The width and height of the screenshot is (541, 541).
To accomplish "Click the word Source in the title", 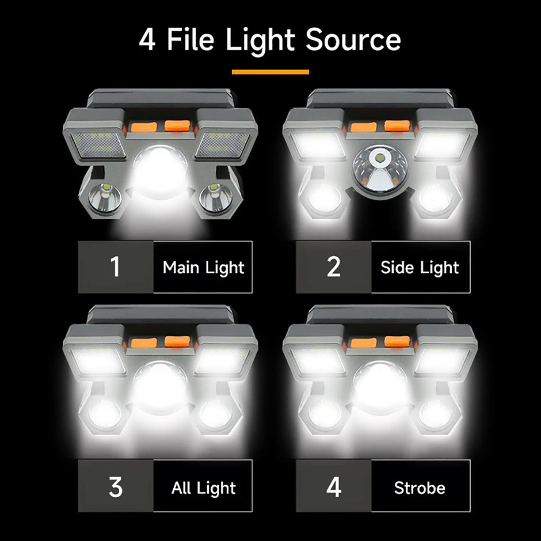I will click(x=353, y=40).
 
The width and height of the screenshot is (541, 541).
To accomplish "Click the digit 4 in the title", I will click(x=147, y=40).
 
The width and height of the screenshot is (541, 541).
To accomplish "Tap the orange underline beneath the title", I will click(x=270, y=72).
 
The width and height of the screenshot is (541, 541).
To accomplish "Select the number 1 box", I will click(x=116, y=267).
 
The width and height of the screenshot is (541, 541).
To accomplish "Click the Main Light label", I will click(x=203, y=267).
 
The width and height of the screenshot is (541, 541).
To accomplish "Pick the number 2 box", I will click(x=334, y=267).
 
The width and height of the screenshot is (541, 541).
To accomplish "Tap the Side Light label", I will click(x=420, y=267).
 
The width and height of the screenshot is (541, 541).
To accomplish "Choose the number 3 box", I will click(x=116, y=487).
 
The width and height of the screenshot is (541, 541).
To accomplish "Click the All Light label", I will click(x=203, y=488).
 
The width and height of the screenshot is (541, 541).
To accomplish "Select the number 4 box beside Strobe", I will click(x=334, y=487).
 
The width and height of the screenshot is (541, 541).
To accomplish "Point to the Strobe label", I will click(x=420, y=488).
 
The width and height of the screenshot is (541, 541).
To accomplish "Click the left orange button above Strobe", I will click(x=363, y=344).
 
